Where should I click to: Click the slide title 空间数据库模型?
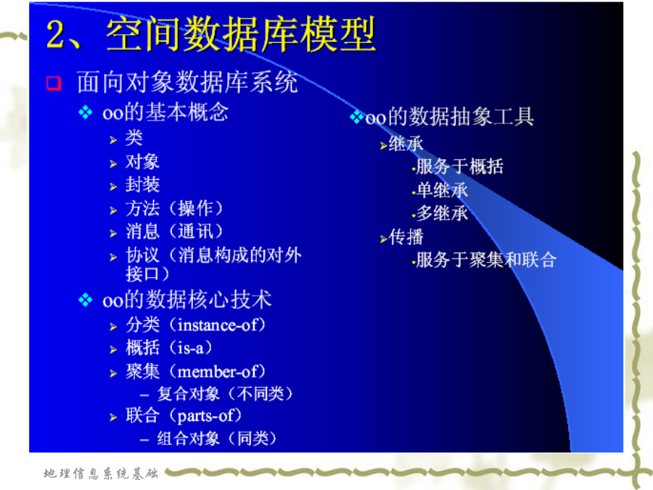pos(241,34)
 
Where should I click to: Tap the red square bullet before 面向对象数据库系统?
pos(54,83)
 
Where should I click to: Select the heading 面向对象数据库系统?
pos(187,81)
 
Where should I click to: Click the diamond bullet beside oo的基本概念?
pos(86,113)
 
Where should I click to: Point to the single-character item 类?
pos(134,138)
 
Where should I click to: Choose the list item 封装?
pos(142,184)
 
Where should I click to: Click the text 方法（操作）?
pos(174,208)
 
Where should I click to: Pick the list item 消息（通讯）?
pos(174,232)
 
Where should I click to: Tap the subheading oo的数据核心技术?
pos(187,300)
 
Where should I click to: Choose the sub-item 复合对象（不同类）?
pos(225,393)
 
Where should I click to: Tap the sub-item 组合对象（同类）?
pos(217,438)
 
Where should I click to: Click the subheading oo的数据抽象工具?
pos(449,117)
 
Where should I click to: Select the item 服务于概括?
pos(460,167)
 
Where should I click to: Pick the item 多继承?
pos(443,213)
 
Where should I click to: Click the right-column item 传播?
pos(406,237)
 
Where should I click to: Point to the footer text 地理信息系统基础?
pos(101,473)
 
